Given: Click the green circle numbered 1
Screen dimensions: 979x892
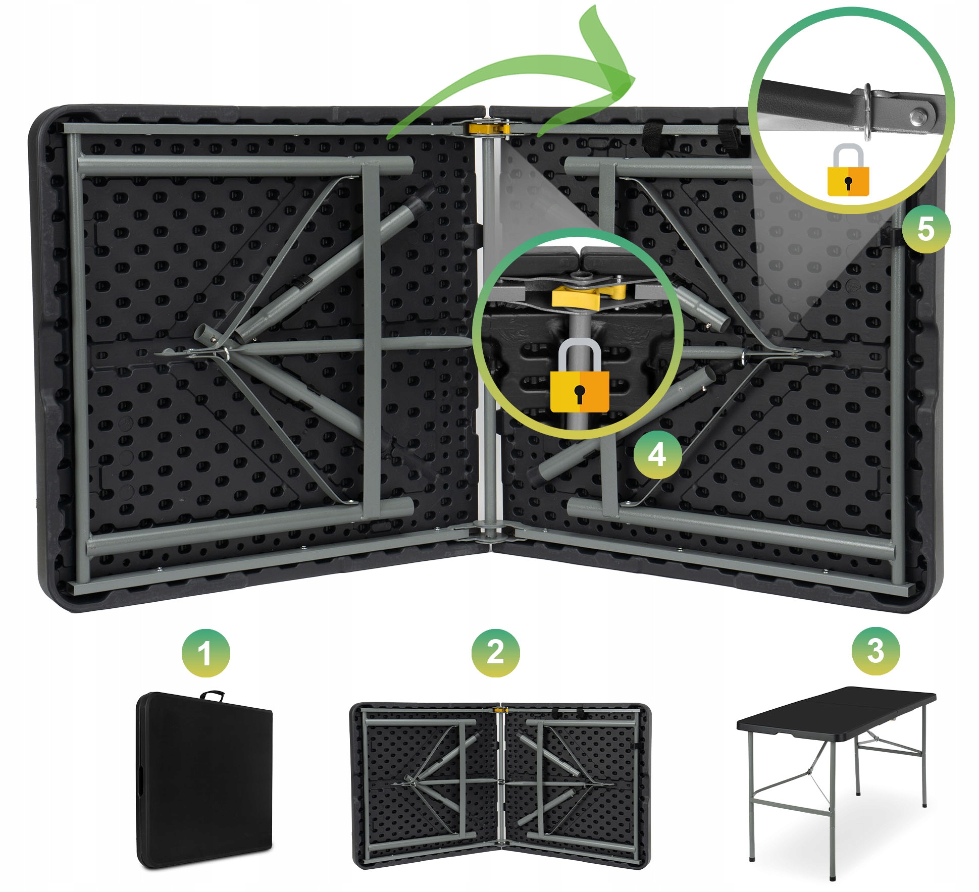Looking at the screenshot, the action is [x=205, y=653].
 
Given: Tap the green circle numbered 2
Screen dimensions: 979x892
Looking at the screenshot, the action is [x=495, y=653].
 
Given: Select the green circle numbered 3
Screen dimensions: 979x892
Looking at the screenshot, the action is [x=875, y=651].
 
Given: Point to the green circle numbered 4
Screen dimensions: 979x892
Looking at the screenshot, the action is [x=657, y=455].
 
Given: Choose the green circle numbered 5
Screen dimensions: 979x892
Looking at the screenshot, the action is [x=926, y=229].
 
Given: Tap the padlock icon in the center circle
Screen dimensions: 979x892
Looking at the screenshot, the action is [x=580, y=376].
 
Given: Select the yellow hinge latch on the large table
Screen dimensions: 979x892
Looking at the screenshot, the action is [x=489, y=127].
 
